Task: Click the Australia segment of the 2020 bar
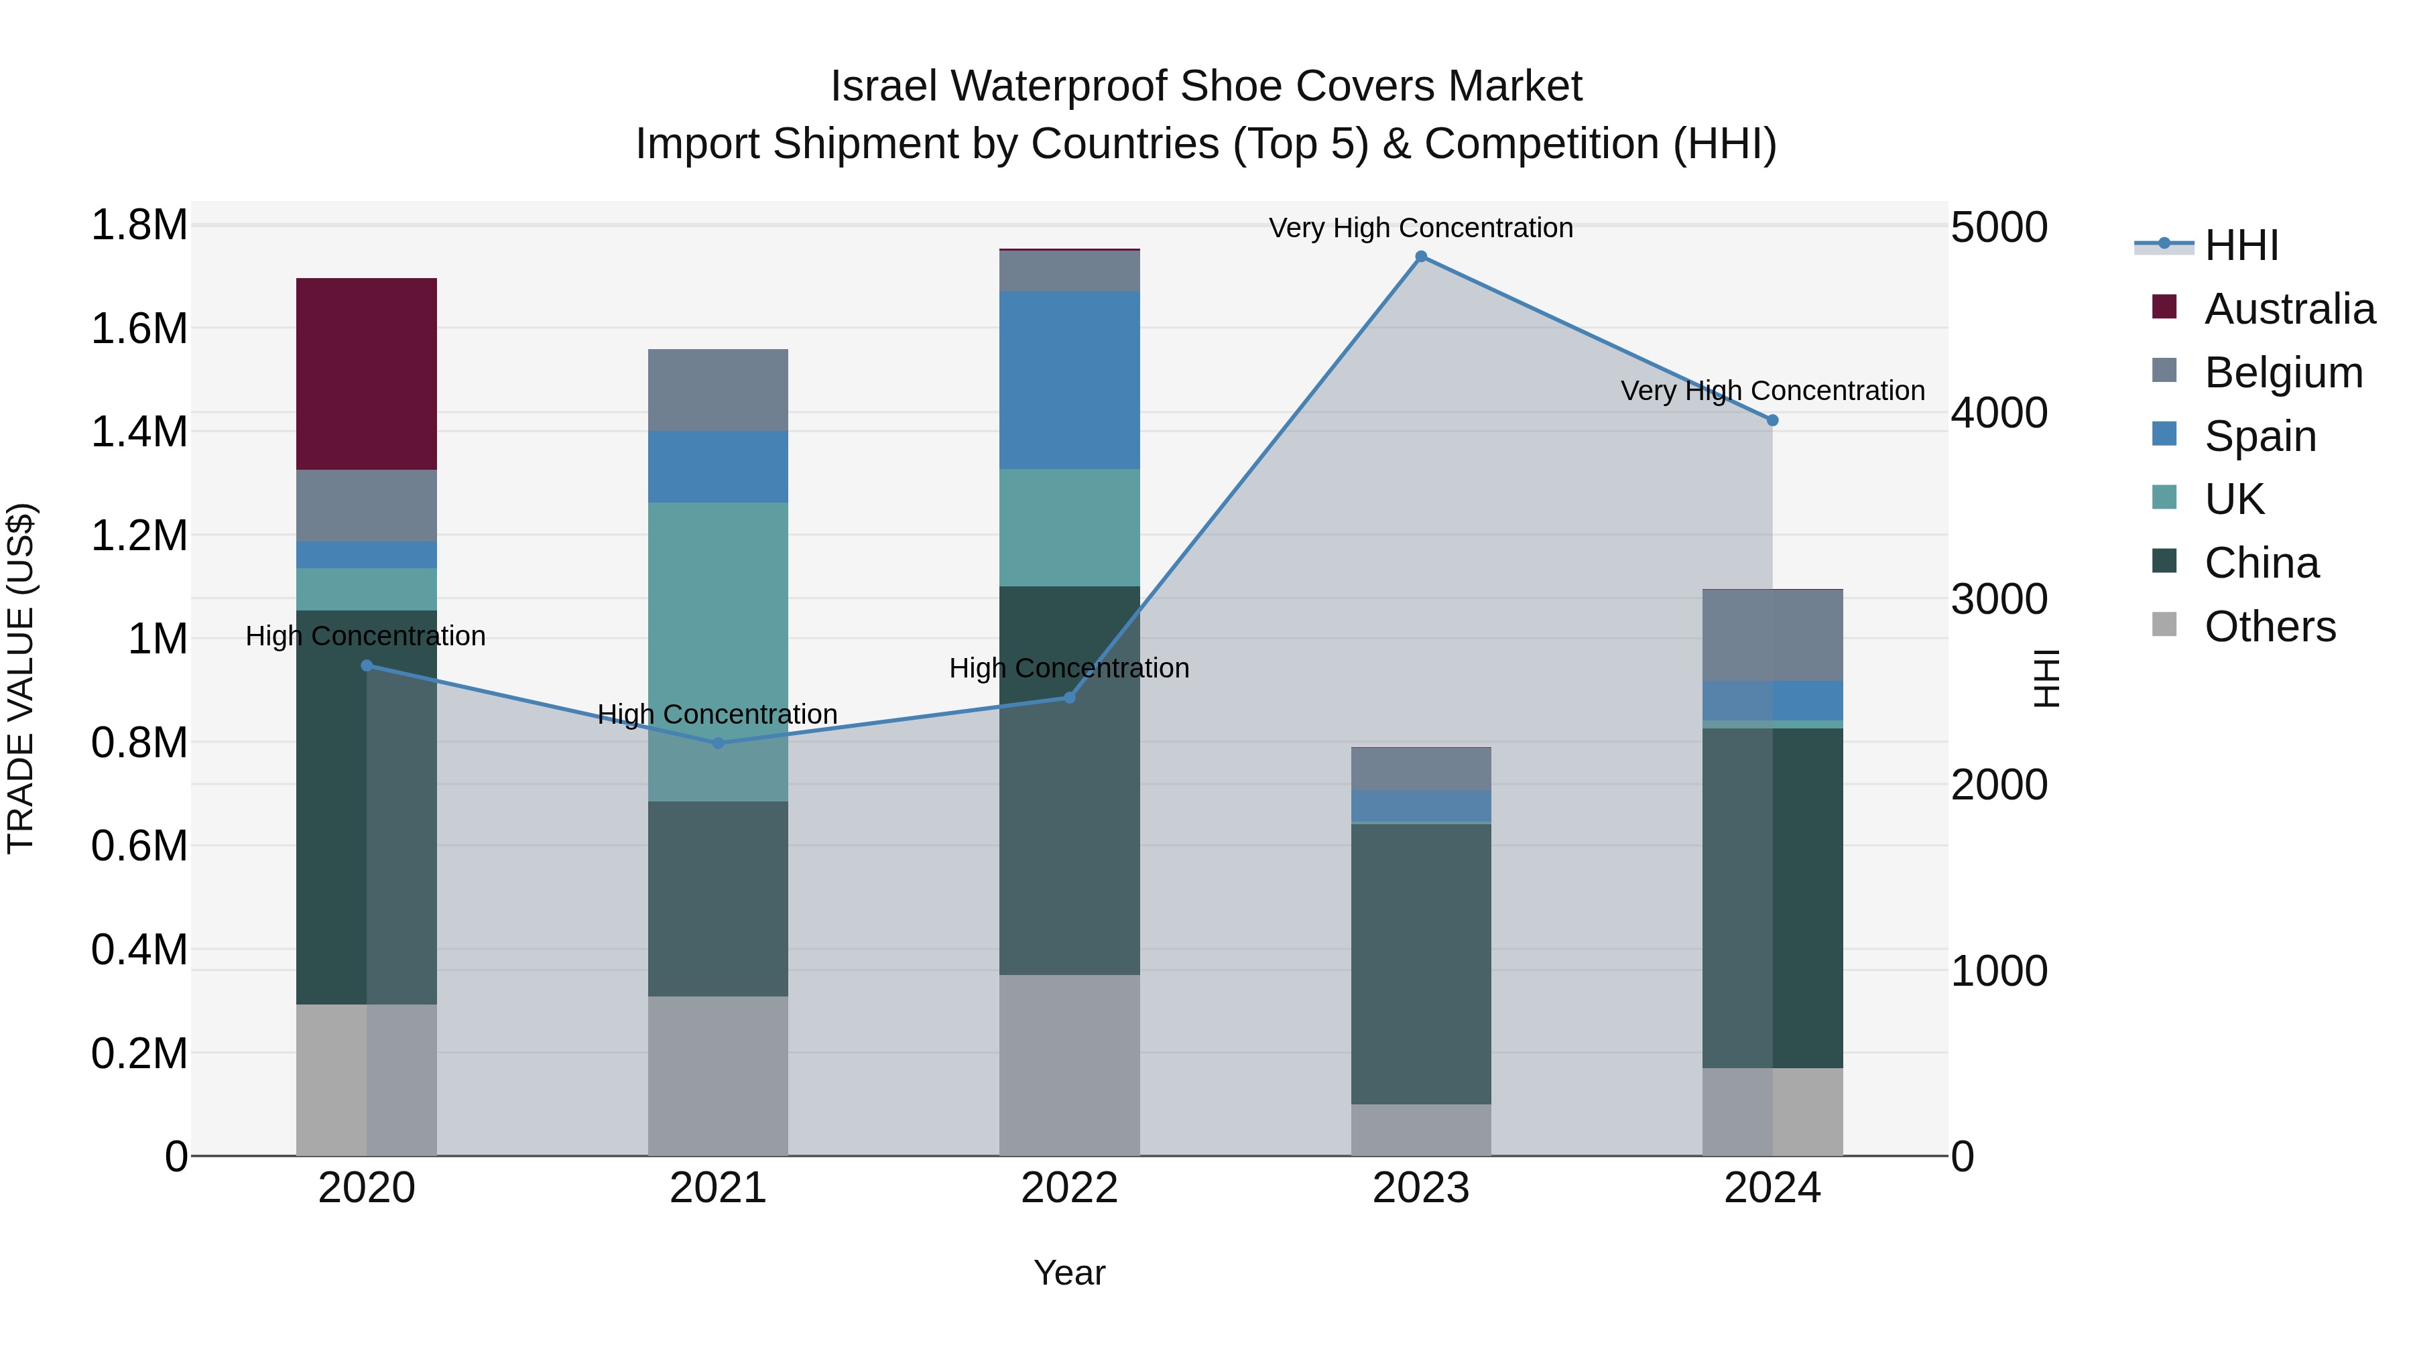point(366,374)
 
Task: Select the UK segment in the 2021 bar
point(717,651)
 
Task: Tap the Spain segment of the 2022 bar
point(1069,379)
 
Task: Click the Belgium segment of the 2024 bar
point(1772,635)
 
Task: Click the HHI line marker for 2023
point(1421,257)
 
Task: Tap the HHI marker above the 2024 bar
point(1772,420)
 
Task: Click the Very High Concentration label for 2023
point(1420,228)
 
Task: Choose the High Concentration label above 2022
point(1069,669)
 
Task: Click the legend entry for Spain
point(2260,436)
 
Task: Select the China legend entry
point(2262,564)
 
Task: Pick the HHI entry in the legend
point(2241,245)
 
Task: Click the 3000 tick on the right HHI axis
point(1999,599)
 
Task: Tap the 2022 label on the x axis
point(1069,1188)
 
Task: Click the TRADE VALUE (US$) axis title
point(21,678)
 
